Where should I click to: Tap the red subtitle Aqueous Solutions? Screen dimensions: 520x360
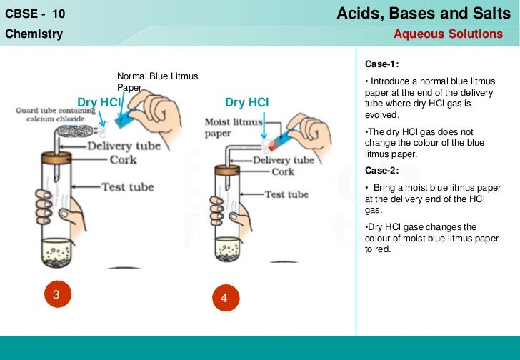click(x=448, y=34)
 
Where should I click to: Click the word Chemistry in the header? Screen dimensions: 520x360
click(x=34, y=34)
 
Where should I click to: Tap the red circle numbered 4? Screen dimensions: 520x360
click(x=224, y=299)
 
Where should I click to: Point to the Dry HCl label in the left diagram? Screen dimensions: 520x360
click(x=99, y=102)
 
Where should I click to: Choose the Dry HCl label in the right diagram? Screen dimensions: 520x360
click(x=246, y=102)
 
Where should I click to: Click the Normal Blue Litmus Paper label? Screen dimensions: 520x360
click(x=157, y=81)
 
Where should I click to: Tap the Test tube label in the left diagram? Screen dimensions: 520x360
click(x=128, y=187)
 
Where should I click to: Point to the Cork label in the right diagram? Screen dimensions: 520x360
click(x=283, y=171)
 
